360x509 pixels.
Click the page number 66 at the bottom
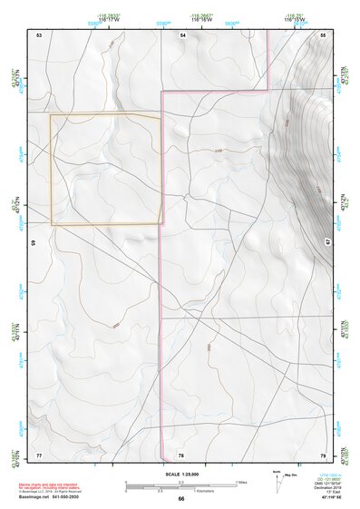pos(180,498)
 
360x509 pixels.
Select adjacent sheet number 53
pos(39,34)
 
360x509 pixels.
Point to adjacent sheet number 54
pos(182,34)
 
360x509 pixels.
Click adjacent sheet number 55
pos(323,34)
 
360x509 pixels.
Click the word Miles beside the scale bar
pos(242,481)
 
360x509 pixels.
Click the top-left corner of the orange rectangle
pos(50,114)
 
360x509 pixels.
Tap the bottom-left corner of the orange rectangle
pos(51,224)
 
